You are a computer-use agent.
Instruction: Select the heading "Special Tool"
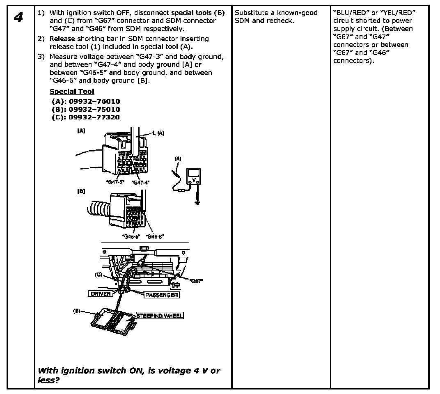point(72,92)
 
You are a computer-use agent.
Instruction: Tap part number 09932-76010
point(86,101)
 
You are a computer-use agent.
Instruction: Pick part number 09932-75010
point(86,109)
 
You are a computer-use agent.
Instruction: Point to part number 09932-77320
point(86,117)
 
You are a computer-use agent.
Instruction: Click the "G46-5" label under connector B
point(131,236)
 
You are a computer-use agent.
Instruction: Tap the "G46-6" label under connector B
point(156,236)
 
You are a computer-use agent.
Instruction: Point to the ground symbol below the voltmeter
point(197,202)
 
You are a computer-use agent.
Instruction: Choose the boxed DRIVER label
point(101,294)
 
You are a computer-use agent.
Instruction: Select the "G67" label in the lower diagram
point(197,281)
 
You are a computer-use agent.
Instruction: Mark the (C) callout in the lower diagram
point(99,275)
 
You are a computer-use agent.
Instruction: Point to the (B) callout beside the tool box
point(77,311)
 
